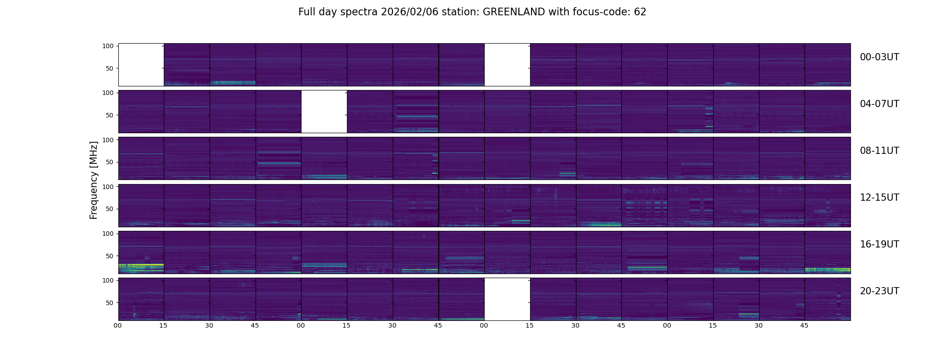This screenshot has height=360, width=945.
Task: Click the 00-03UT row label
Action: [879, 57]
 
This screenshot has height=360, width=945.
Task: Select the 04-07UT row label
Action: [879, 104]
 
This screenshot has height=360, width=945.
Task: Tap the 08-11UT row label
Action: [879, 151]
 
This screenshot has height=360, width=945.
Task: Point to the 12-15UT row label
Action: [879, 198]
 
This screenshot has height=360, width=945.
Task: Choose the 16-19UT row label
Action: [879, 244]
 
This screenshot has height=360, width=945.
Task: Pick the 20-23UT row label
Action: [879, 291]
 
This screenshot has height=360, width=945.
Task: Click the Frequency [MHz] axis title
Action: [94, 180]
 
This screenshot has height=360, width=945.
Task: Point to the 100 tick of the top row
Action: [108, 46]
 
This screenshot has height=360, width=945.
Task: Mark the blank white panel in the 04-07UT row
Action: [324, 112]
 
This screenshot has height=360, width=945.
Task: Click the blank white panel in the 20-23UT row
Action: [507, 299]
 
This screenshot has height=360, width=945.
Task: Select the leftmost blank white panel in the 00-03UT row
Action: [141, 65]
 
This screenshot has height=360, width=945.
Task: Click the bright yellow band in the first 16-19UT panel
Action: [144, 265]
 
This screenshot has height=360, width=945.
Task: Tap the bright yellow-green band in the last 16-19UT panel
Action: [828, 270]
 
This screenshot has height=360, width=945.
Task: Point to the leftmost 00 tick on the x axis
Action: [118, 325]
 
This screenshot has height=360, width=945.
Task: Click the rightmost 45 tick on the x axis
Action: [805, 325]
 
